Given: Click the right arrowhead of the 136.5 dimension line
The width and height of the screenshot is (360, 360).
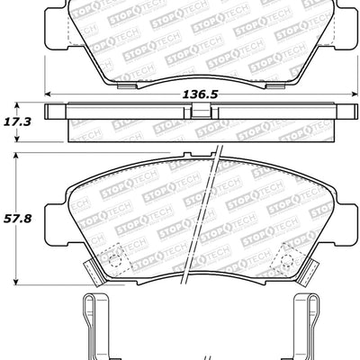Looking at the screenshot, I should (349, 95).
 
